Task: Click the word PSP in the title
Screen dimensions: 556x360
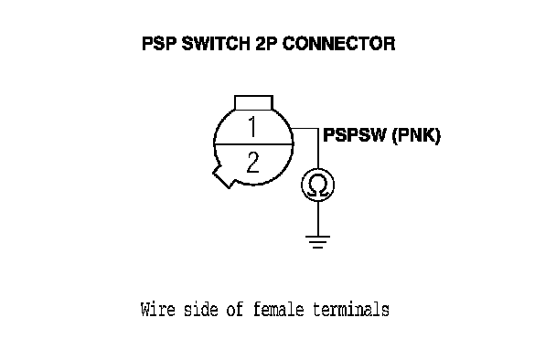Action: point(159,44)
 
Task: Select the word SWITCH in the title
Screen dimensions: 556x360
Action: point(215,44)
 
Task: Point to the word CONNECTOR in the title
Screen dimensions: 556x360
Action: point(338,44)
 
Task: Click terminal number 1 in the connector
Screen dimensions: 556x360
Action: point(252,127)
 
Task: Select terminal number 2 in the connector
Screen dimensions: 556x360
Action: point(252,163)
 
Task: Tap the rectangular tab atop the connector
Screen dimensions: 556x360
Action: point(253,102)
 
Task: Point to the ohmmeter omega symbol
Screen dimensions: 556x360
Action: point(317,185)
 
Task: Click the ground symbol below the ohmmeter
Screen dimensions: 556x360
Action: point(317,242)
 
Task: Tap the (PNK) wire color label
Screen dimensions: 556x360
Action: point(416,135)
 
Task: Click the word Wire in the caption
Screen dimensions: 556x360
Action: point(158,310)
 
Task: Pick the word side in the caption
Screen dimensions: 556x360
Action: point(200,310)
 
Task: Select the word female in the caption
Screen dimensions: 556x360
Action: point(278,310)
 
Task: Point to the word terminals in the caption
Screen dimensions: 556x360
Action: point(351,310)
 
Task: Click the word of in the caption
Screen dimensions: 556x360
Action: point(235,310)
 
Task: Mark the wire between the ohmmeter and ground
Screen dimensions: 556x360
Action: point(317,218)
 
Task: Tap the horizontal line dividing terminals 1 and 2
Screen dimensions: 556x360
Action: point(253,143)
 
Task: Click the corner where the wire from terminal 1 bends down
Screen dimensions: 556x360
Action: point(318,129)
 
